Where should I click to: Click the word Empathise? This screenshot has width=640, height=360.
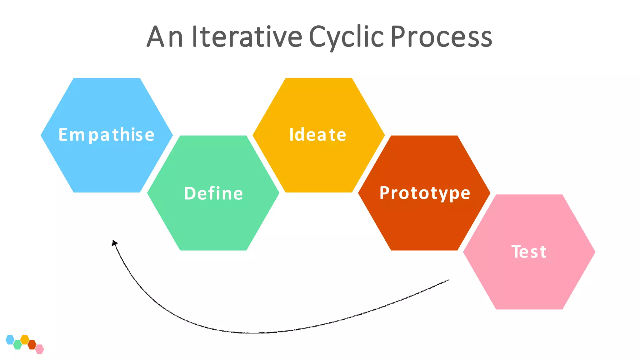[107, 135]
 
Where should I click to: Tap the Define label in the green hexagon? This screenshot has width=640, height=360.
[213, 193]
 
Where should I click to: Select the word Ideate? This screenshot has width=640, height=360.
[318, 135]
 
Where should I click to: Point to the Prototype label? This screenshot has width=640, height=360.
[425, 193]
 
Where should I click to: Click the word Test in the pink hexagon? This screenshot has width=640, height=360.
[529, 252]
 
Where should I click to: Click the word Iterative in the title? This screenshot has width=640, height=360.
[247, 37]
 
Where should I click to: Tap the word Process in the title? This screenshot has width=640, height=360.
[441, 37]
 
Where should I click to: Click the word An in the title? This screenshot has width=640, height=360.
[165, 37]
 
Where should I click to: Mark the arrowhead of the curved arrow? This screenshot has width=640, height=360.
[114, 243]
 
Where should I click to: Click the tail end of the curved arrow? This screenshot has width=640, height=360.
[448, 280]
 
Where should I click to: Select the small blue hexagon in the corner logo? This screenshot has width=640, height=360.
[10, 339]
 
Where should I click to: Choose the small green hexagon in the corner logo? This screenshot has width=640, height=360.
[17, 345]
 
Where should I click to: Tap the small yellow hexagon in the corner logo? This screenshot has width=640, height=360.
[25, 339]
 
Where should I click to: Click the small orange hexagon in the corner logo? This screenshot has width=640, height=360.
[32, 345]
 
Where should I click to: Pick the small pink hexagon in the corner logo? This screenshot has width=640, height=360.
[39, 349]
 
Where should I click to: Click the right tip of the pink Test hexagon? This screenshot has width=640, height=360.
[594, 252]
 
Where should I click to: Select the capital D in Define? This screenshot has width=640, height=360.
[189, 193]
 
